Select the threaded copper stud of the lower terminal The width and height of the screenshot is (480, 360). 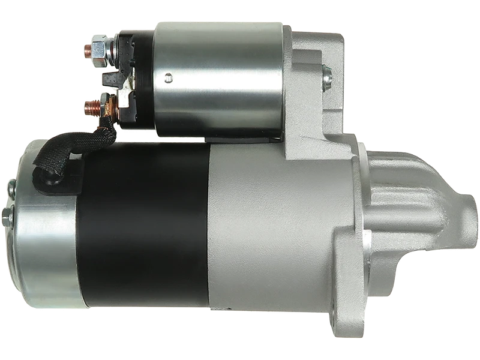coord(91,109)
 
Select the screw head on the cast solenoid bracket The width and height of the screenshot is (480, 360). coord(326,74)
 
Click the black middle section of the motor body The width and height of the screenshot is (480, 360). coord(144,222)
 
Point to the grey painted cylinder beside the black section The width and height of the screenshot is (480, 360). coord(276,228)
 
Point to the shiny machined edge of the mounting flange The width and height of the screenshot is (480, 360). coord(360,240)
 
